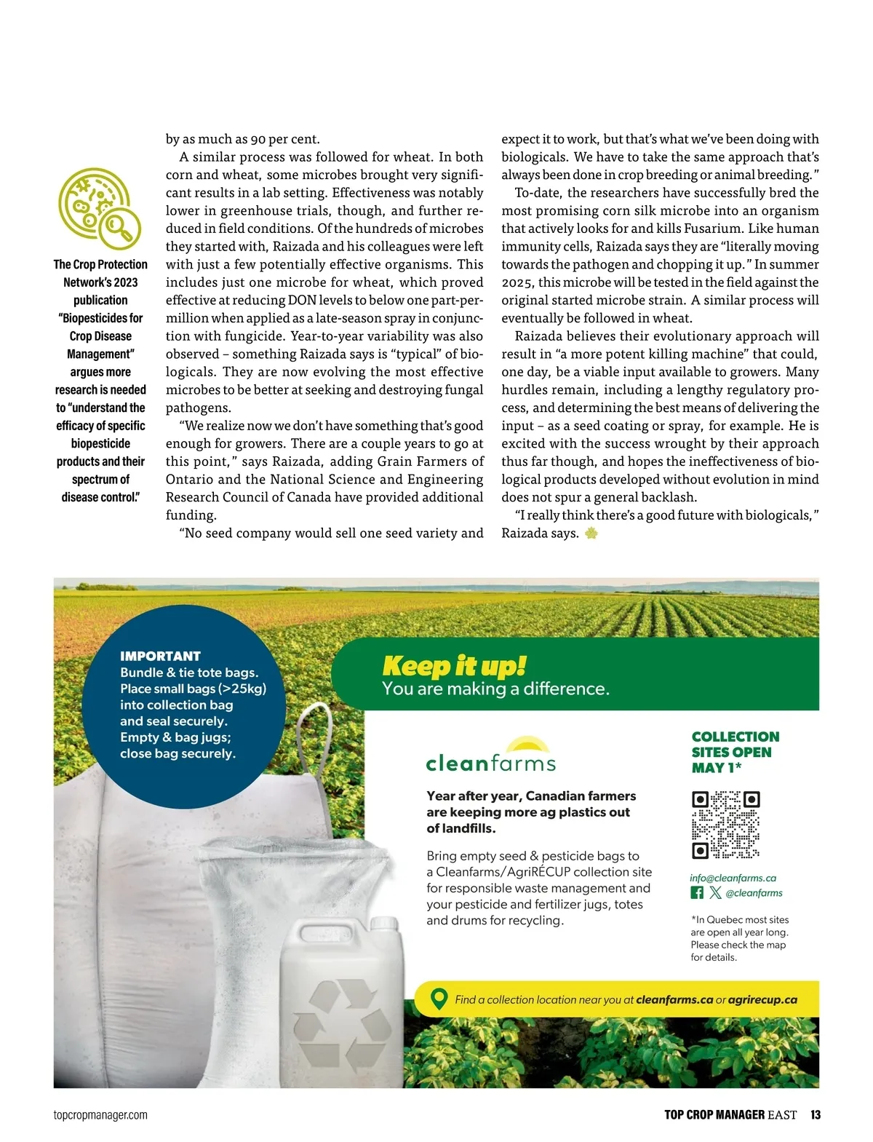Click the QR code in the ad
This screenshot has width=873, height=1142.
725,824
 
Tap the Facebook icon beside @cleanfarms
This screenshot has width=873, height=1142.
697,892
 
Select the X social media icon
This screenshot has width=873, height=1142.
715,892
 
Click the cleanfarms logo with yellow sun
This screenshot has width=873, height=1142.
491,756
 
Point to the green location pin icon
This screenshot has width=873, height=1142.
439,999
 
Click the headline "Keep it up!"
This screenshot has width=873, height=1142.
454,665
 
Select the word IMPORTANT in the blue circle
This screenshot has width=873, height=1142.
160,656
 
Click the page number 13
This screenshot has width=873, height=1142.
816,1114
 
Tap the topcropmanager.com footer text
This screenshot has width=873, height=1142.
100,1114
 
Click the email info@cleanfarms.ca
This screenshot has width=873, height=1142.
733,878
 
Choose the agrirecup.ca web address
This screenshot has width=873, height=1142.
762,999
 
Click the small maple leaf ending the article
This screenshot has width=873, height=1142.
591,534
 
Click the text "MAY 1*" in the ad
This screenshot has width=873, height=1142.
716,767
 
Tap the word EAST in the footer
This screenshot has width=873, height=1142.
782,1114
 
